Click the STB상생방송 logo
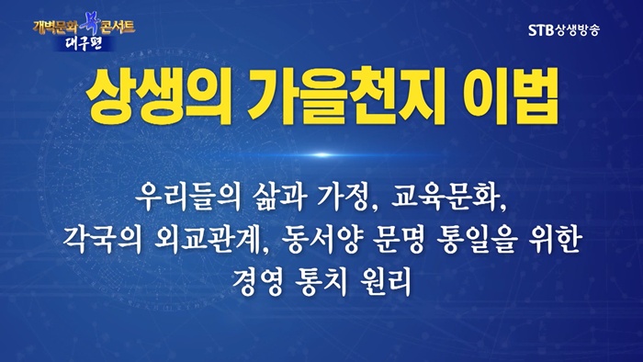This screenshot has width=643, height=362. pyautogui.click(x=564, y=30)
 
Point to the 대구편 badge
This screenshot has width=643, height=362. pyautogui.click(x=85, y=44)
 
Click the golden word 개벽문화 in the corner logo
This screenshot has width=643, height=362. pyautogui.click(x=55, y=27)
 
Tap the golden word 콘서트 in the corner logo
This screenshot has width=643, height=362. pyautogui.click(x=118, y=27)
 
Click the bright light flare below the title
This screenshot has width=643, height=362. pyautogui.click(x=322, y=154)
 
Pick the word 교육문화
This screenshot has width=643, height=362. pyautogui.click(x=446, y=197)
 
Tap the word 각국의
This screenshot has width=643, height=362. pyautogui.click(x=103, y=240)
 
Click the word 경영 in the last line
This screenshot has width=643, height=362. pyautogui.click(x=257, y=282)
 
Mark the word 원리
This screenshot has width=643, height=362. pyautogui.click(x=385, y=282)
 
